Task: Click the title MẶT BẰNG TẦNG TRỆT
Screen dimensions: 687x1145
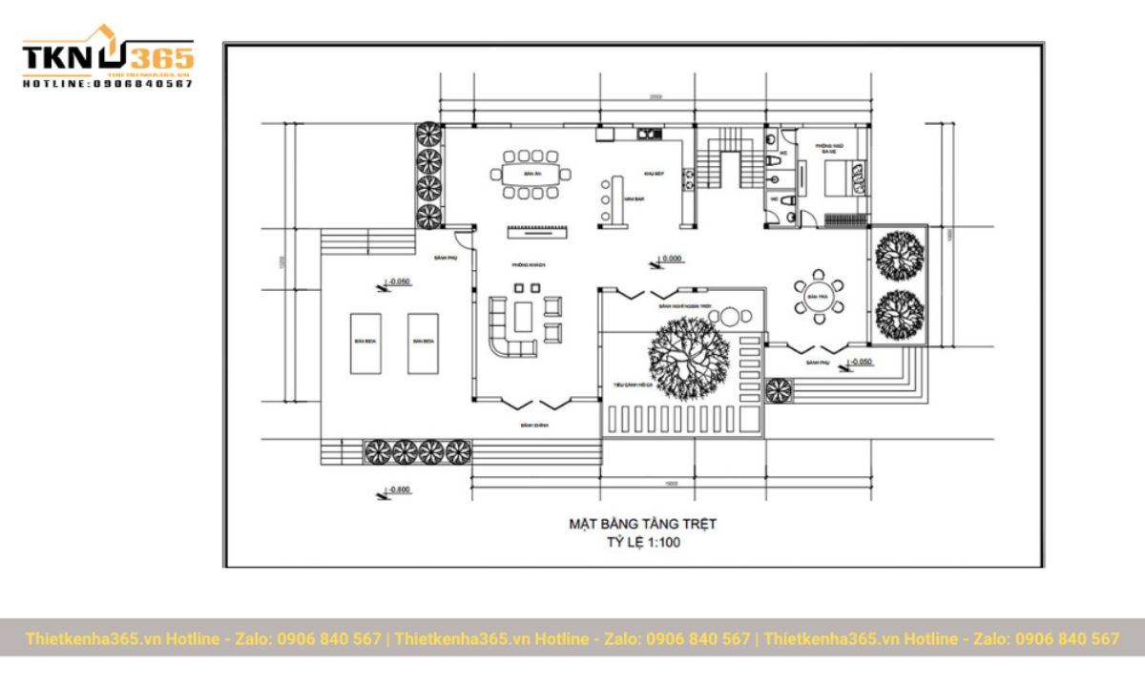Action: [x=642, y=524]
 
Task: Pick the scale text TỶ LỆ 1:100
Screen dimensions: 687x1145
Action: [x=643, y=544]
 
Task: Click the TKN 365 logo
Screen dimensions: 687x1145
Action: [x=108, y=55]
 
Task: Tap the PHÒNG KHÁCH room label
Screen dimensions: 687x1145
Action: [x=527, y=264]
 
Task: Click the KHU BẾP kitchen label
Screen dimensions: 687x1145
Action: [x=654, y=174]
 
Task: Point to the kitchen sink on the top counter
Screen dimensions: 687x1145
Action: [x=646, y=135]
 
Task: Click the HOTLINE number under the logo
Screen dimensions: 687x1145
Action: [x=108, y=84]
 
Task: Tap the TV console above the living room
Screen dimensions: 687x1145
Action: [x=538, y=230]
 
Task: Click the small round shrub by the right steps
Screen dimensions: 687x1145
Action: [x=780, y=389]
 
